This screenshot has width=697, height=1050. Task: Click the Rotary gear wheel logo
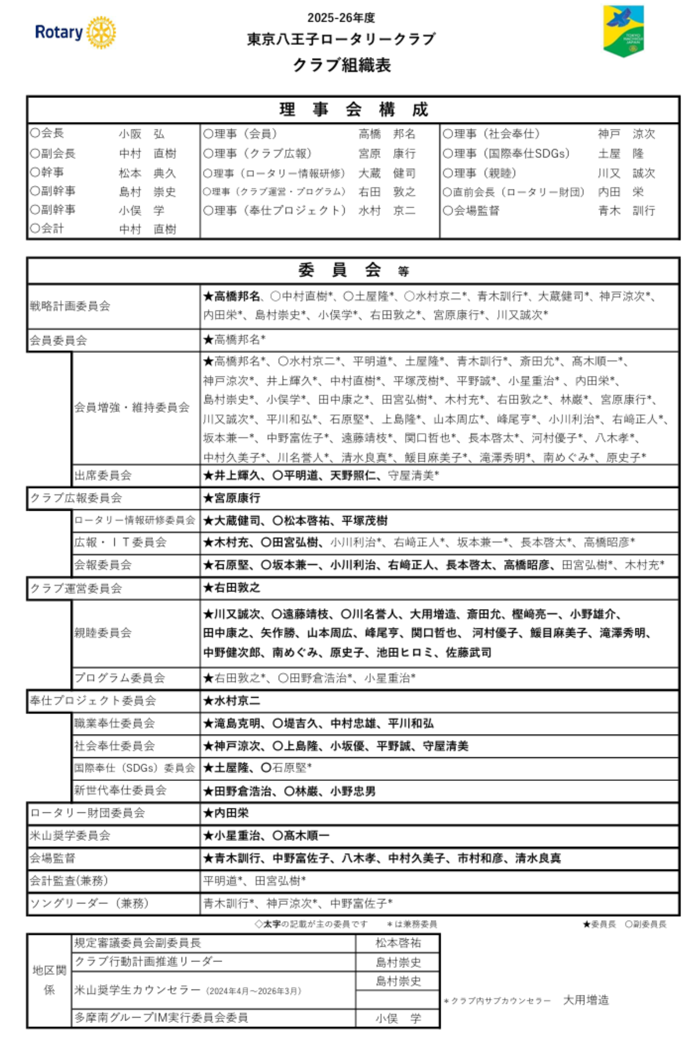tap(101, 32)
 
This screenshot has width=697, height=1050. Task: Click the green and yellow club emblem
tap(623, 30)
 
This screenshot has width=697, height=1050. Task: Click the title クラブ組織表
tap(342, 65)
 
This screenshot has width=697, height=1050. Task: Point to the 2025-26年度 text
tap(341, 18)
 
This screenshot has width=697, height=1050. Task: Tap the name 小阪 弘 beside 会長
tap(141, 134)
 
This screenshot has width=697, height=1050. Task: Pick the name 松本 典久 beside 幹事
tap(147, 173)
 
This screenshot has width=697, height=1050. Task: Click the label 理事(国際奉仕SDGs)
tap(506, 154)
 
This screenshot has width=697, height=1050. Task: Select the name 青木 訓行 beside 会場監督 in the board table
tap(626, 211)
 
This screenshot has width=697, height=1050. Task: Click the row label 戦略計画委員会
tap(70, 306)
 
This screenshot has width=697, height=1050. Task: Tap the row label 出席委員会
tap(103, 476)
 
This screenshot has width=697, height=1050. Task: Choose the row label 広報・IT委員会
tap(120, 542)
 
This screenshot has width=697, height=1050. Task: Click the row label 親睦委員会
tap(103, 633)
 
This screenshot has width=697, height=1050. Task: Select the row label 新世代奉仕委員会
tap(120, 790)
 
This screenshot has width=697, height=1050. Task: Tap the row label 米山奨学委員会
tap(70, 835)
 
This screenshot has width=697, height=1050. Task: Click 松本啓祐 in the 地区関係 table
tap(398, 943)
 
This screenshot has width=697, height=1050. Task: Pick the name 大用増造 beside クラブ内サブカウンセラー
tap(585, 1000)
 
